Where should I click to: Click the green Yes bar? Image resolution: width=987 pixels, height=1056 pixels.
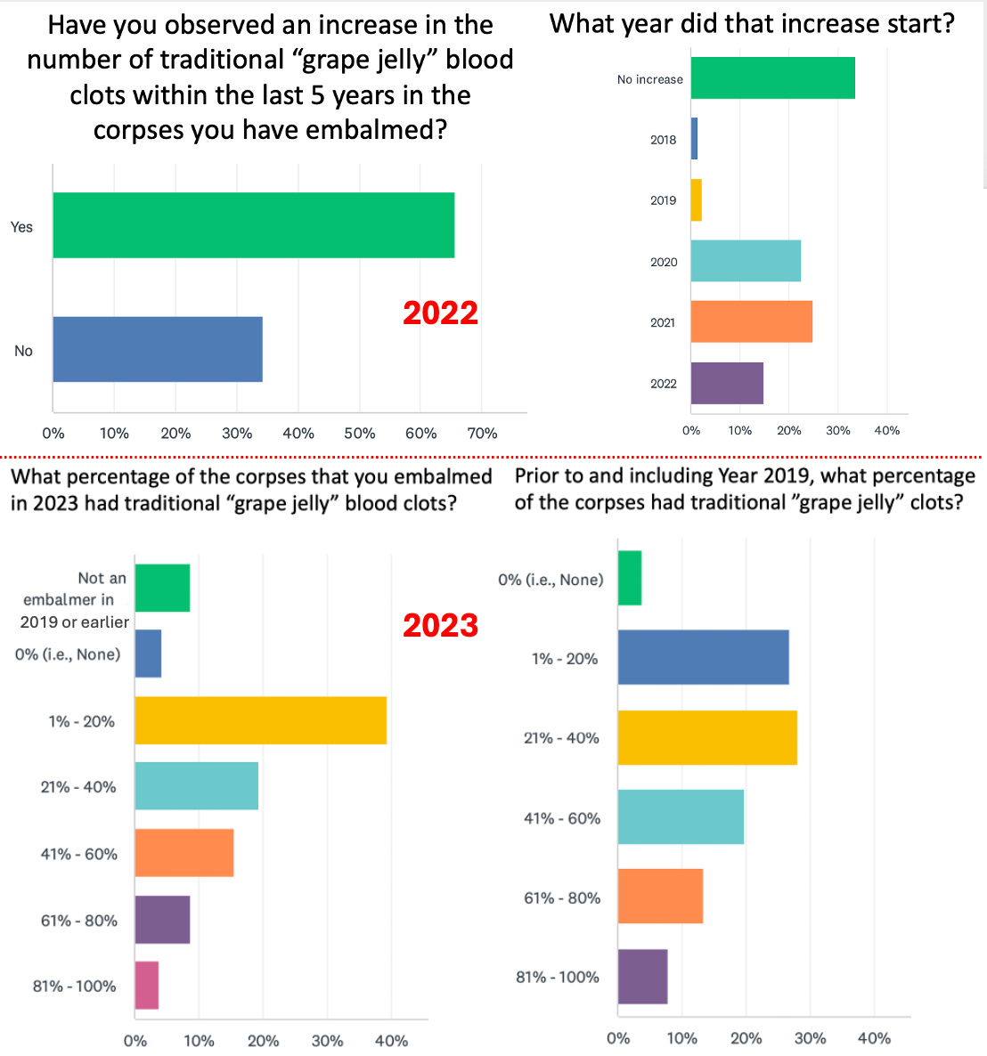[x=253, y=225]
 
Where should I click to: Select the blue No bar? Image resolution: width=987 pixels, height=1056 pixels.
[x=158, y=349]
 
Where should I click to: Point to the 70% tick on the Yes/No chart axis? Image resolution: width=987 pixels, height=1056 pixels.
[x=482, y=434]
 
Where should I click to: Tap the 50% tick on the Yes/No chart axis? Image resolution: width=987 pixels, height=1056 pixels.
[x=359, y=434]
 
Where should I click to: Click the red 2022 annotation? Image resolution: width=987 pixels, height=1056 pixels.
[x=440, y=313]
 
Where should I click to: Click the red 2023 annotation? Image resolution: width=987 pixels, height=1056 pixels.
[x=440, y=625]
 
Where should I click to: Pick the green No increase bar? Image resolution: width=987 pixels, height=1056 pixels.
[x=772, y=78]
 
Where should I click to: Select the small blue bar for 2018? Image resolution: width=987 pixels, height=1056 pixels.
[x=694, y=139]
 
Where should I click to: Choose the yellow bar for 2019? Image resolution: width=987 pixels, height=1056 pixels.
[x=697, y=200]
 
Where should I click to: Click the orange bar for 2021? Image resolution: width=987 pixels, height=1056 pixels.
[x=751, y=321]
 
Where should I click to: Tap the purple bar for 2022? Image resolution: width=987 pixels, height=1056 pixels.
[x=727, y=383]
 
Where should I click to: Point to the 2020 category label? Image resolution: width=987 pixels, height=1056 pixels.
[x=664, y=262]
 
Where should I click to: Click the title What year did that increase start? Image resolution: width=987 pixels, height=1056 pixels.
[x=752, y=23]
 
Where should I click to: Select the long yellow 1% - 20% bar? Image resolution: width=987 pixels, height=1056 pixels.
[x=260, y=719]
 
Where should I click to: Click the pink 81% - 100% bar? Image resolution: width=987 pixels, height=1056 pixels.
[x=146, y=985]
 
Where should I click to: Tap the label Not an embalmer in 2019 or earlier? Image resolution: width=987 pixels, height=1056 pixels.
[x=76, y=600]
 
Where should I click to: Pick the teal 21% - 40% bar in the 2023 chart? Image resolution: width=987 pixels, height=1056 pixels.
[x=196, y=785]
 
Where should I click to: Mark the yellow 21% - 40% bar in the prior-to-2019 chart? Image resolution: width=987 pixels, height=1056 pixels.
[x=707, y=737]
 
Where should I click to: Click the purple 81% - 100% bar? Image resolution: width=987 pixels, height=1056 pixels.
[x=642, y=977]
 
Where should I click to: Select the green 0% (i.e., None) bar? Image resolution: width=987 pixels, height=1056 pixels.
[x=630, y=578]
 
